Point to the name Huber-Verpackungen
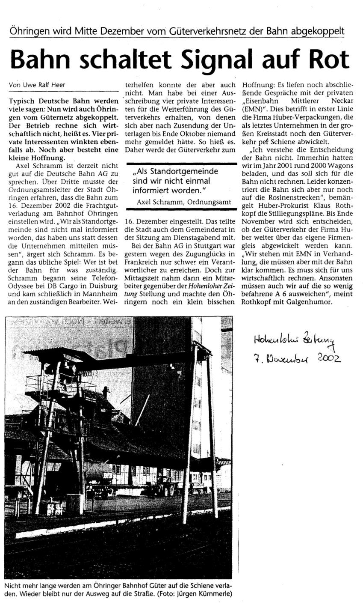[x=304, y=116]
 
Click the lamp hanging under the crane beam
[x=171, y=367]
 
